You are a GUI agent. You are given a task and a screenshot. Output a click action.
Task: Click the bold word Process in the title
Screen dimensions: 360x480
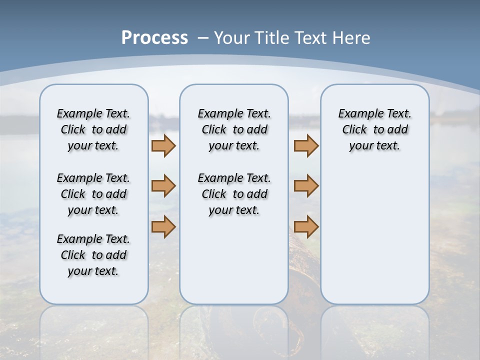(x=154, y=38)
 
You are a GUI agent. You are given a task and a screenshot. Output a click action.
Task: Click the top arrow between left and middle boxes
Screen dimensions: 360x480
(x=163, y=145)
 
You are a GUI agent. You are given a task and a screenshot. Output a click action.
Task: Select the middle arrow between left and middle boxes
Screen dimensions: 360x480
(x=163, y=186)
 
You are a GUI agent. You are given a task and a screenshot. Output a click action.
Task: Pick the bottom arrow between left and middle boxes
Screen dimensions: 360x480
(x=163, y=226)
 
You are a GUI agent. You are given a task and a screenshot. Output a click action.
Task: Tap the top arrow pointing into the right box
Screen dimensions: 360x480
(x=306, y=145)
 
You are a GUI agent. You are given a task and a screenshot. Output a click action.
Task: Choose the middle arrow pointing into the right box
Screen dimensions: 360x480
(x=306, y=186)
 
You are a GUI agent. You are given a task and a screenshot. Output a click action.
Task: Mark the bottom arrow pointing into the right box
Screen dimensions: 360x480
(x=306, y=226)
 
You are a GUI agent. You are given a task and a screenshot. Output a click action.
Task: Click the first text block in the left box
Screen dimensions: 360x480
(x=93, y=129)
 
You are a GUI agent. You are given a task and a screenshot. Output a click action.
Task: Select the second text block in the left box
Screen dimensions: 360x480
(x=93, y=194)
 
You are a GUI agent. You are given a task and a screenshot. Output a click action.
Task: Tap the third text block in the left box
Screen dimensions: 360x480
(x=93, y=255)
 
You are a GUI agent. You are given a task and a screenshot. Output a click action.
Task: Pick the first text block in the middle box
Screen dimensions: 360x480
(x=234, y=129)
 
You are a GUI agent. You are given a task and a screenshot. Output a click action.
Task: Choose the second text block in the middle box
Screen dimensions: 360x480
(x=234, y=194)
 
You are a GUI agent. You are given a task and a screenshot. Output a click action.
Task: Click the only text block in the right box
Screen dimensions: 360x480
(x=375, y=129)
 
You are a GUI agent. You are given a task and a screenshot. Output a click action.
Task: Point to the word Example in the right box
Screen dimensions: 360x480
(x=356, y=114)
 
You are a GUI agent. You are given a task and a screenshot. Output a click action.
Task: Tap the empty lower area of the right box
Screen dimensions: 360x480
(x=375, y=240)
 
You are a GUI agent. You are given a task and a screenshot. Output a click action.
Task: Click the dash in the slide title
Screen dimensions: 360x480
(x=203, y=38)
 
